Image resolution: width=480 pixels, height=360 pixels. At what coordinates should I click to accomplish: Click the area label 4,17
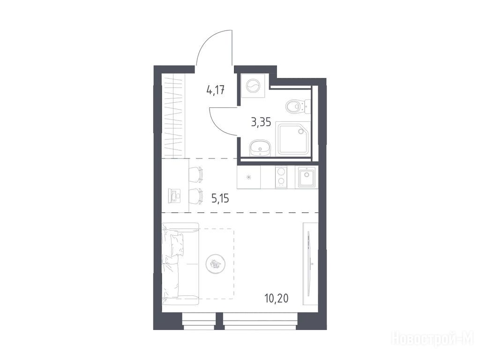click(216, 90)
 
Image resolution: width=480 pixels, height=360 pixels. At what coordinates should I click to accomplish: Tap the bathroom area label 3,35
click(261, 122)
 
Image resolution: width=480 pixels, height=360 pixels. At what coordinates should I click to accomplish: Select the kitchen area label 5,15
click(220, 199)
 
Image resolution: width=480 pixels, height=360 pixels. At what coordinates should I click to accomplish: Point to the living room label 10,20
click(277, 298)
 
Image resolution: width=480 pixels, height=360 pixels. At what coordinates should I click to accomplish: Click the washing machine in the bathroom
click(253, 86)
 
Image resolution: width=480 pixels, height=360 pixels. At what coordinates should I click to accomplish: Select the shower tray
click(293, 139)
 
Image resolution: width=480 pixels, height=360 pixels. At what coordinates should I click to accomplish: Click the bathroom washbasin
click(260, 148)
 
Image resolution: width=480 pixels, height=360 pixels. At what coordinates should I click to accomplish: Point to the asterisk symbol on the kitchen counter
click(249, 177)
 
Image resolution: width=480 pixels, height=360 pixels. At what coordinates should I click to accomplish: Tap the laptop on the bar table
click(174, 195)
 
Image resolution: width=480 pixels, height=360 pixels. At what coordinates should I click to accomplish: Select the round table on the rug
click(216, 263)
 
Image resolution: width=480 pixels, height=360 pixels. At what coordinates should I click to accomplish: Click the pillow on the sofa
click(178, 245)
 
